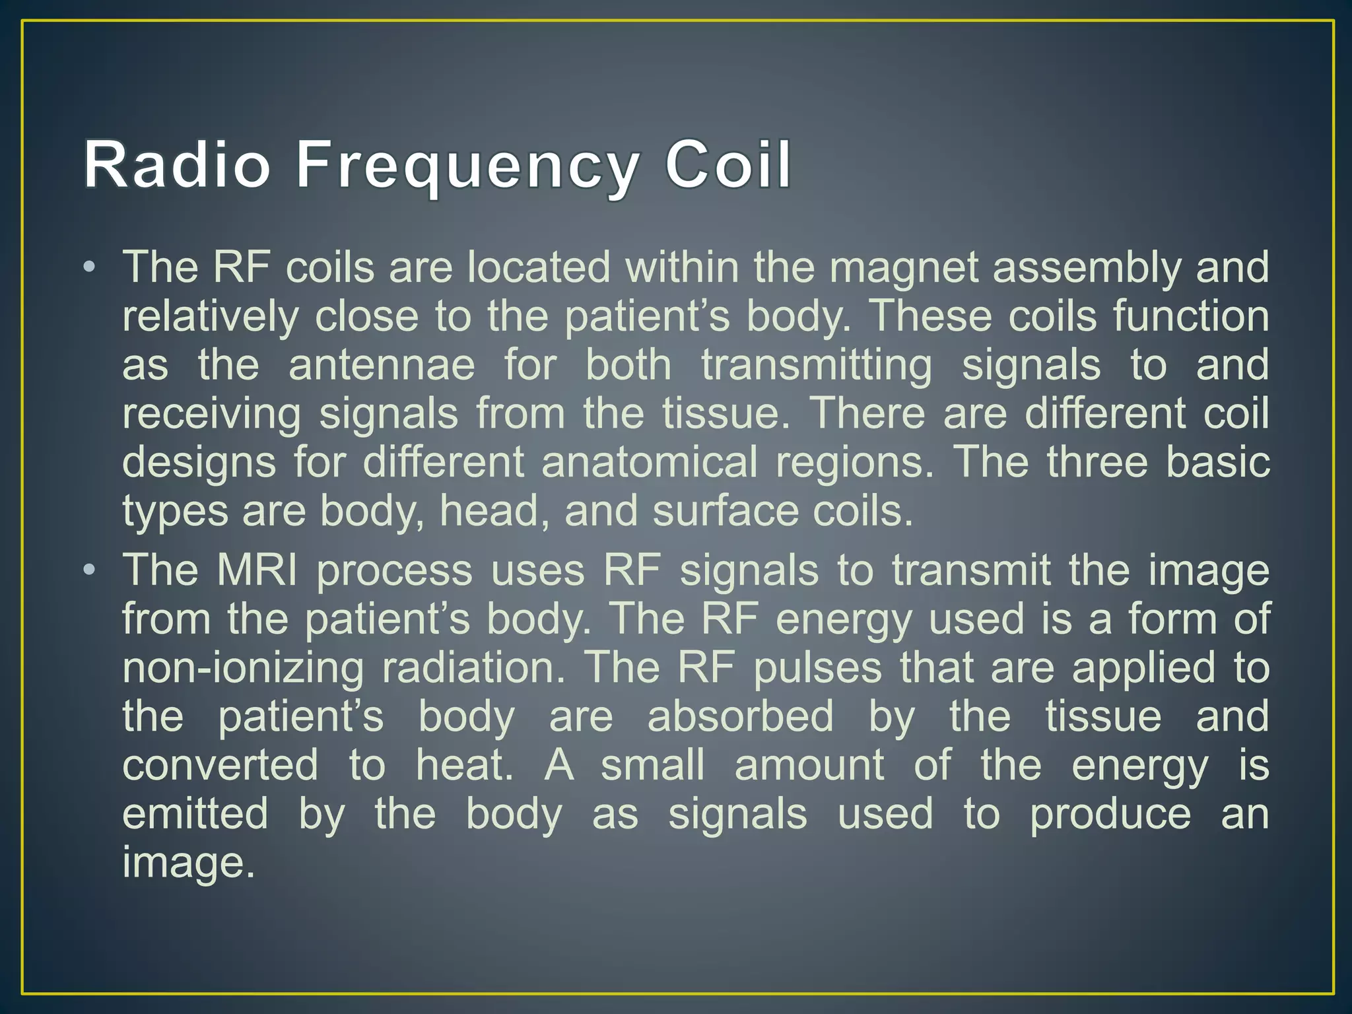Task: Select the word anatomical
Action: tap(650, 461)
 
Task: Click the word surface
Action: tap(726, 510)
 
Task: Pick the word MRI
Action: tap(257, 570)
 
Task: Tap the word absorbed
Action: tap(740, 716)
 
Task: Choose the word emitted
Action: tap(195, 813)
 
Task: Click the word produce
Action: tap(1110, 813)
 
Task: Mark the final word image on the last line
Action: tap(187, 862)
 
